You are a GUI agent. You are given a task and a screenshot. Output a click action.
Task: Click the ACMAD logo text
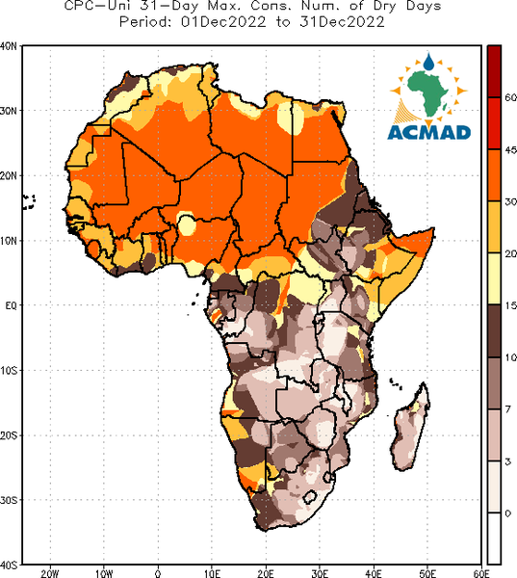tap(429, 133)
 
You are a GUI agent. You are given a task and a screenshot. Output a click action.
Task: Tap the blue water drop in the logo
tap(428, 62)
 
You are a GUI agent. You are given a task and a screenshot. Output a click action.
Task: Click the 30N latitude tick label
tap(9, 110)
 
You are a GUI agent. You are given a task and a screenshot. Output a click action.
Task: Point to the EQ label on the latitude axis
tap(11, 305)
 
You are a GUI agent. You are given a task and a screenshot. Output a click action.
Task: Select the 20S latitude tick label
tap(9, 435)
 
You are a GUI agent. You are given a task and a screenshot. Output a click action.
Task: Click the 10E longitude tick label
tap(212, 573)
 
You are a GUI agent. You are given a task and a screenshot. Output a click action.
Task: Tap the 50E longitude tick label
tap(427, 573)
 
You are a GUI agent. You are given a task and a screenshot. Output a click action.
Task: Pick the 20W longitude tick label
tap(50, 573)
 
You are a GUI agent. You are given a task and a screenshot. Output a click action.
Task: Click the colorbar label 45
tap(510, 149)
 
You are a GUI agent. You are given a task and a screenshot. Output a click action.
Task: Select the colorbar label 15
tap(510, 305)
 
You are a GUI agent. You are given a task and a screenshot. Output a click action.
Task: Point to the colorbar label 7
tap(508, 409)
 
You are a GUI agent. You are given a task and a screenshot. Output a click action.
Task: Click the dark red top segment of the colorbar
tap(494, 71)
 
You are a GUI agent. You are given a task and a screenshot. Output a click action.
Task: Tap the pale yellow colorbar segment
tap(494, 278)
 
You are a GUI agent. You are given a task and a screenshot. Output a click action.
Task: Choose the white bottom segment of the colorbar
tap(494, 539)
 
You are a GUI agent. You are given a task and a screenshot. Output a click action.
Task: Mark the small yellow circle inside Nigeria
tap(187, 225)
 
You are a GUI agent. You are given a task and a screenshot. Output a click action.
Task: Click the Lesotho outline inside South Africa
tap(310, 497)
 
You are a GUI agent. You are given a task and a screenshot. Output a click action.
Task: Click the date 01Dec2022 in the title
tap(223, 22)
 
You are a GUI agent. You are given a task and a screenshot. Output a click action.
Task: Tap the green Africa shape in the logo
tap(427, 92)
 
